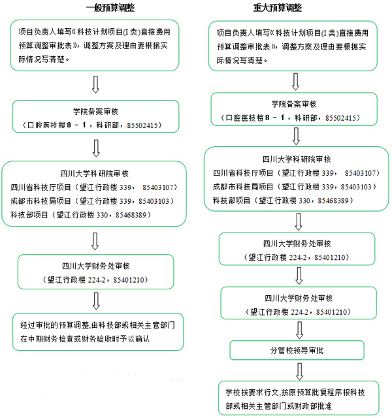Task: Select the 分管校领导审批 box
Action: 297,351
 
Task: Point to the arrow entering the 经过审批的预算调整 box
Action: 96,300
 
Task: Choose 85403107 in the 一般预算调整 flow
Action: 155,186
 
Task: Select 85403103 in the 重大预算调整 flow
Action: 354,186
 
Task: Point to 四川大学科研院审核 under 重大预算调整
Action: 297,159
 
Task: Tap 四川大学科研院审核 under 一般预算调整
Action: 94,173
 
